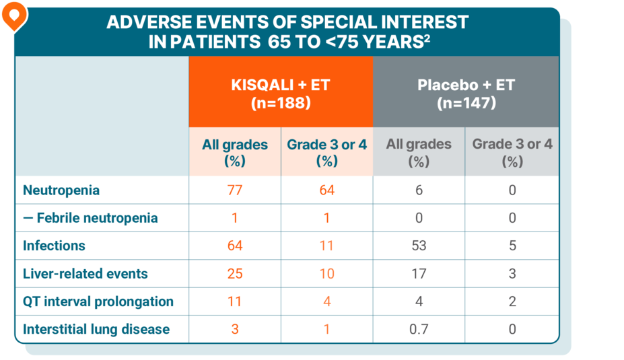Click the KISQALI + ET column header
pyautogui.click(x=280, y=94)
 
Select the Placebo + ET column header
pyautogui.click(x=466, y=94)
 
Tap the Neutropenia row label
pyautogui.click(x=61, y=190)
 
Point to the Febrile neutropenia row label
pyautogui.click(x=90, y=218)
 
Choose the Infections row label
pyautogui.click(x=54, y=246)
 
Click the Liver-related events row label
pyautogui.click(x=85, y=274)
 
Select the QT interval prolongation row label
pyautogui.click(x=98, y=301)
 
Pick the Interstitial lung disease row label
pyautogui.click(x=96, y=330)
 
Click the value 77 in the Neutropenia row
pyautogui.click(x=234, y=190)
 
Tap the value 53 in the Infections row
pyautogui.click(x=419, y=246)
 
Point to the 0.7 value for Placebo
pyautogui.click(x=419, y=330)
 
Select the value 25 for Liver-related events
pyautogui.click(x=234, y=274)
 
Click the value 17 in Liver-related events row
pyautogui.click(x=419, y=274)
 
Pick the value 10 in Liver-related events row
pyautogui.click(x=326, y=274)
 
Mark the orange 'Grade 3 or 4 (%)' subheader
pyautogui.click(x=326, y=153)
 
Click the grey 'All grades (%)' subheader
pyautogui.click(x=419, y=153)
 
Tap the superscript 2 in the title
pyautogui.click(x=427, y=38)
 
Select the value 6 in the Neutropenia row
pyautogui.click(x=419, y=190)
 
